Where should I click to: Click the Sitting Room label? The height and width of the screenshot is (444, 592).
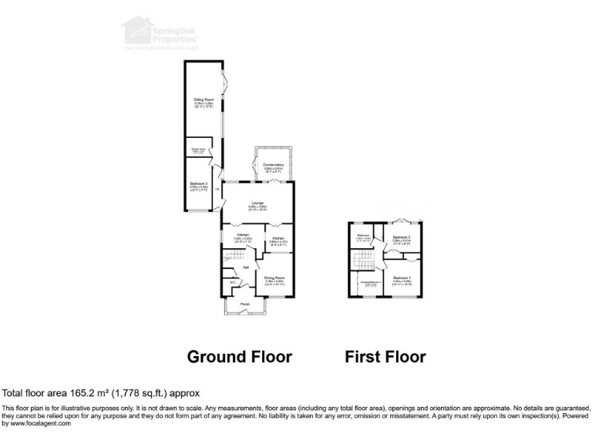click(203, 100)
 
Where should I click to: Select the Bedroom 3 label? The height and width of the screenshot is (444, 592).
click(200, 183)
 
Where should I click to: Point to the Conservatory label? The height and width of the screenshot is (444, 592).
click(274, 165)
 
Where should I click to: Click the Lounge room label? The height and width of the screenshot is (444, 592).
click(257, 203)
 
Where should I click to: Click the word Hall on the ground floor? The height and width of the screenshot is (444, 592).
click(245, 267)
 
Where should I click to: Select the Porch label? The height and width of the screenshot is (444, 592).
click(244, 304)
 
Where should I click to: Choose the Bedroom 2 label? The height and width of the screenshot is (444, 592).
click(402, 237)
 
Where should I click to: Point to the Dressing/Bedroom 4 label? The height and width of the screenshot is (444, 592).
click(371, 282)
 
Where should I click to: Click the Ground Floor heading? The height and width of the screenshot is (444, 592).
click(240, 357)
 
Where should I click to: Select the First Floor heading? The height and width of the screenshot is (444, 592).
click(385, 357)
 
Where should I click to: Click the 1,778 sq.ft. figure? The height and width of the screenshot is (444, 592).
click(135, 392)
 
